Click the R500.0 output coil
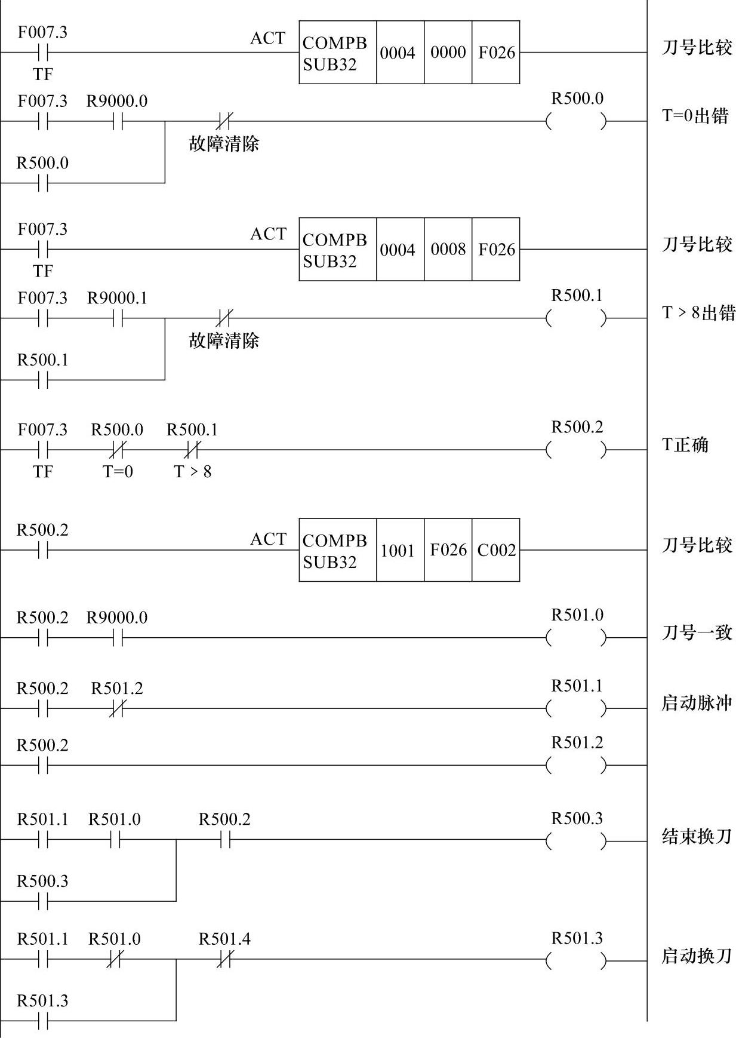[576, 121]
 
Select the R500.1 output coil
[576, 318]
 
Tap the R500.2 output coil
[576, 450]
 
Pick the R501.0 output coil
[576, 638]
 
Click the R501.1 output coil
[576, 708]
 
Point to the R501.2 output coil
[576, 765]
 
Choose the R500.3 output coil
[576, 841]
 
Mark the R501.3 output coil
[576, 960]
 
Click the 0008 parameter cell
[448, 249]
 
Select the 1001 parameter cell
[398, 550]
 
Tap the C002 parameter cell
[496, 550]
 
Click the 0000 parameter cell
[448, 53]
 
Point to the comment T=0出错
[695, 115]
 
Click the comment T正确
[685, 445]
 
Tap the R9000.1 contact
[117, 318]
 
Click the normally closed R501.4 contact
[224, 960]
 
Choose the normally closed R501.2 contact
[117, 708]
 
